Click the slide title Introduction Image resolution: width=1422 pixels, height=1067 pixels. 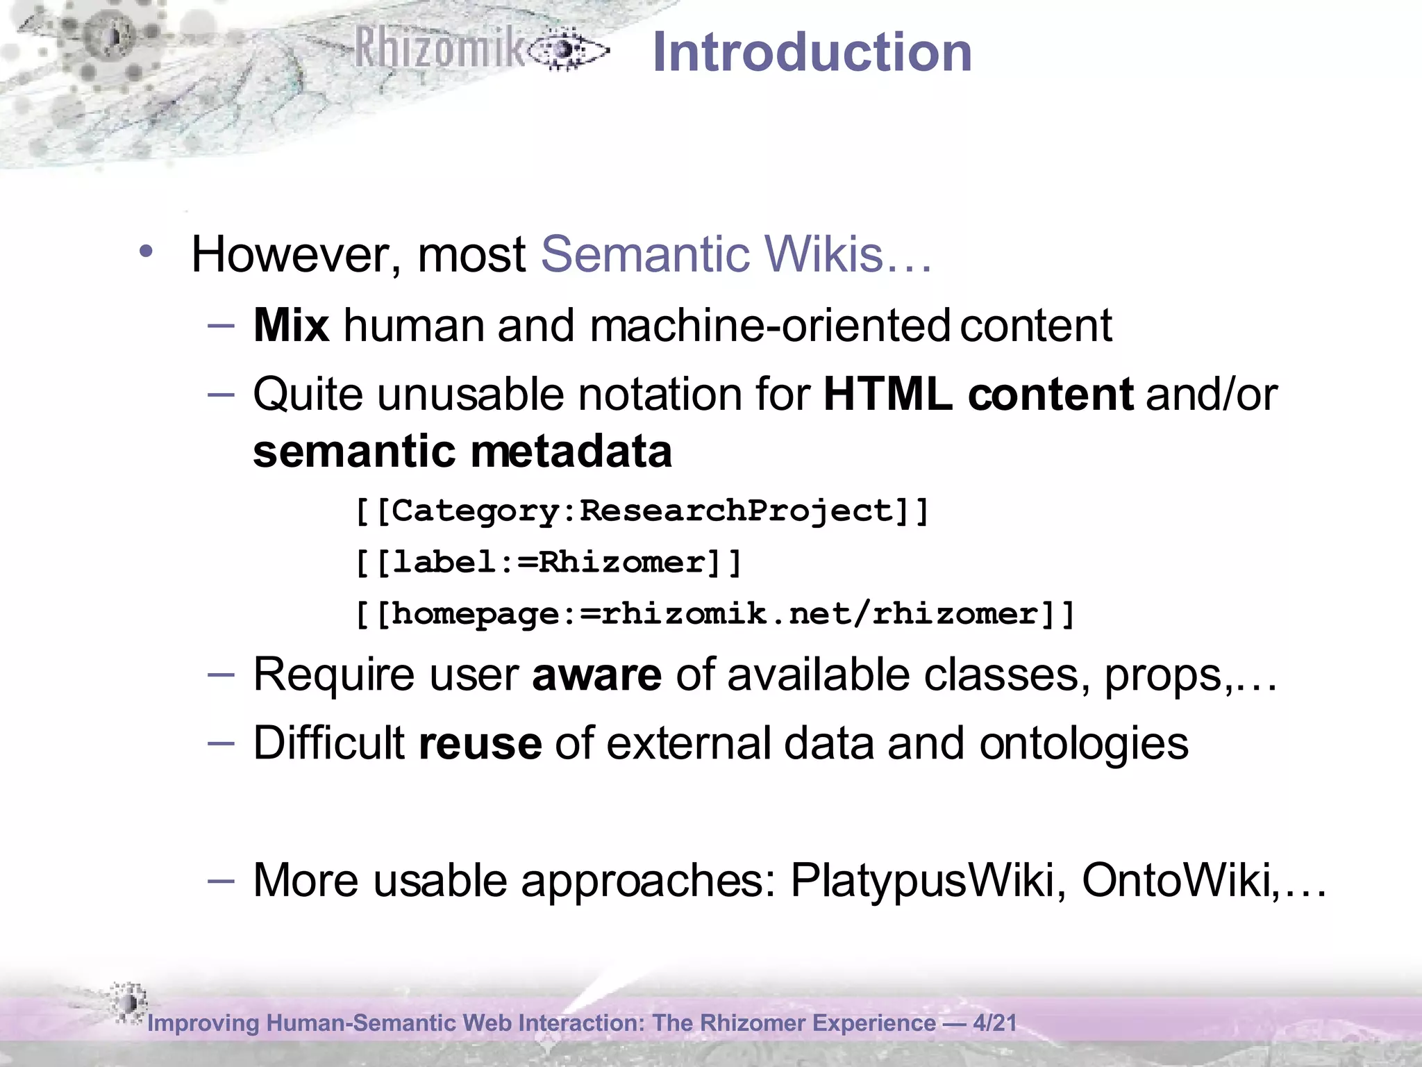[x=812, y=53]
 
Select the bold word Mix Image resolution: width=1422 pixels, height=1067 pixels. [x=291, y=325]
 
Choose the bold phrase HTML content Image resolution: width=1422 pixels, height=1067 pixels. [x=978, y=395]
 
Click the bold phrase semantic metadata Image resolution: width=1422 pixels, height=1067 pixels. [x=462, y=452]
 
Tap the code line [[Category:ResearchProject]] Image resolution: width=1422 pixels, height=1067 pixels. [x=642, y=511]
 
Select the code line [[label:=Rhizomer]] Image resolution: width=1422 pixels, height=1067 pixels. [x=549, y=563]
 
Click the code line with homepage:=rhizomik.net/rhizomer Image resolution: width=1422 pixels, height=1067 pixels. [x=715, y=614]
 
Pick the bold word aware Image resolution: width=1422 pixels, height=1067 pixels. [x=596, y=675]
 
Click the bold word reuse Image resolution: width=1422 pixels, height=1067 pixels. [x=480, y=743]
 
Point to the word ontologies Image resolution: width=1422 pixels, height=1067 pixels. [x=1084, y=743]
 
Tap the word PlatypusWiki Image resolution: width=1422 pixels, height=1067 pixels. [x=922, y=881]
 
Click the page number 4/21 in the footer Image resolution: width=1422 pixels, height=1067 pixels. [x=994, y=1023]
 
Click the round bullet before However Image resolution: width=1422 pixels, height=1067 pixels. [x=145, y=251]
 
